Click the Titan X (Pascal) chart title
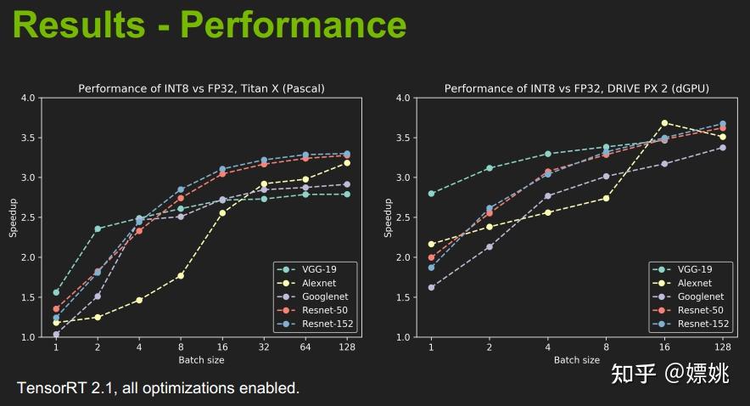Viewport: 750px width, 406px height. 201,88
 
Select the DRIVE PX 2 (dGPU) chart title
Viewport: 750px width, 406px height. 577,88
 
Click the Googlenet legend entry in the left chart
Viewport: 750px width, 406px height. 322,296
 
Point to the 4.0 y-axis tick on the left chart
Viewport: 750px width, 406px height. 28,98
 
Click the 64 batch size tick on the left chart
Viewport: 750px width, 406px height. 305,347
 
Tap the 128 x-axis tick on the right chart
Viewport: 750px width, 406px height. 723,347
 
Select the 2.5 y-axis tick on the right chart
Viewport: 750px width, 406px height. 403,217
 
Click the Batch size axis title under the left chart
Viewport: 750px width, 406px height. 201,360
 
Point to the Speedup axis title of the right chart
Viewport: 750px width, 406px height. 388,217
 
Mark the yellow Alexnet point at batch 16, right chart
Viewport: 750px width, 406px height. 664,123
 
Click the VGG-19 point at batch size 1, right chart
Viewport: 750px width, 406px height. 431,194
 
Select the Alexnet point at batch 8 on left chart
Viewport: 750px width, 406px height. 181,275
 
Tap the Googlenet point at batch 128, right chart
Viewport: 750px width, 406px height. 723,148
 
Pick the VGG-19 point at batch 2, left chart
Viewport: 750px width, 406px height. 98,228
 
